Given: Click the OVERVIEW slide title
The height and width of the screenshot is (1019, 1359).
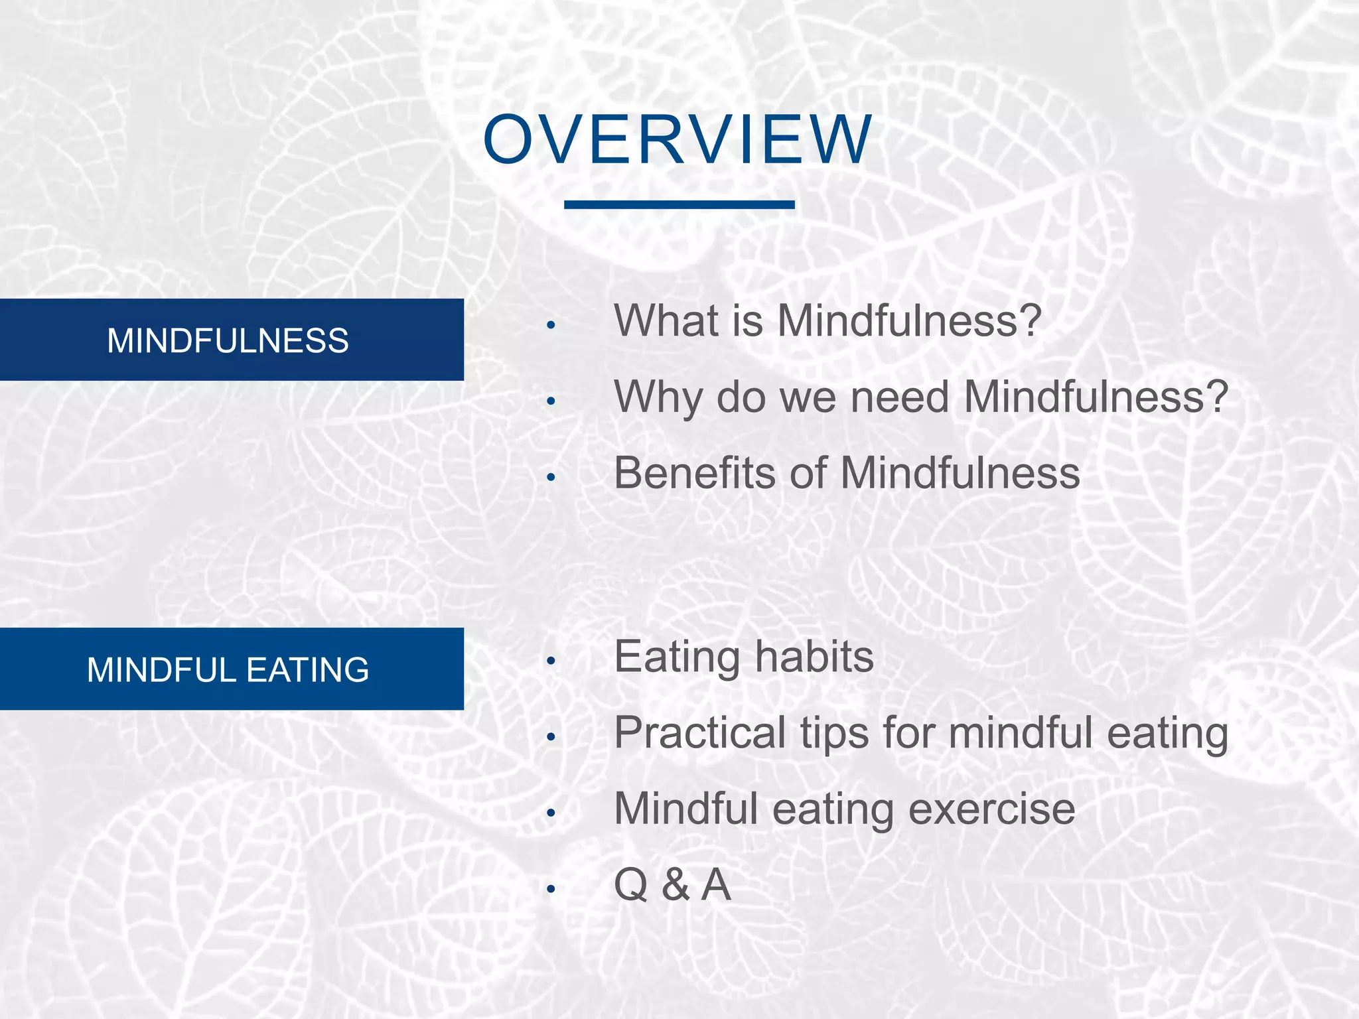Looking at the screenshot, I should [678, 140].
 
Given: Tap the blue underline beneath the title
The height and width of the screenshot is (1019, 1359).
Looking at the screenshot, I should [679, 205].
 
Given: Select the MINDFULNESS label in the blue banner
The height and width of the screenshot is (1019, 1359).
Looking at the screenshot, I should [228, 340].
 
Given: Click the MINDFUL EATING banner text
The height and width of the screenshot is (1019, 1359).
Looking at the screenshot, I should [228, 669].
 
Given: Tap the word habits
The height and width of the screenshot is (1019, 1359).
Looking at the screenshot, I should [814, 657].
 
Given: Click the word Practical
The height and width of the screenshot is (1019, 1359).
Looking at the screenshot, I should [699, 733].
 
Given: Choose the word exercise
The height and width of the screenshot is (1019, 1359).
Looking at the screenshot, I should [991, 809].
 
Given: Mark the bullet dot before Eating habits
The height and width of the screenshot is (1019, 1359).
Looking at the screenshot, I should [550, 661].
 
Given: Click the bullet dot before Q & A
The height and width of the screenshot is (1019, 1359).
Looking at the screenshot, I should [550, 889].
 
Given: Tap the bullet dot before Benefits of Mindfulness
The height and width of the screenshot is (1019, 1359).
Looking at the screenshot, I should [550, 477].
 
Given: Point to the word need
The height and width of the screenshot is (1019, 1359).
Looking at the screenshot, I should [899, 397].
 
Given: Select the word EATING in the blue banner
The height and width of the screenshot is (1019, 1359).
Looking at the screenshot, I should [308, 669].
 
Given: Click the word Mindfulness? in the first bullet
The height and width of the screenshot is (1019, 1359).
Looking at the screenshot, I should [909, 320].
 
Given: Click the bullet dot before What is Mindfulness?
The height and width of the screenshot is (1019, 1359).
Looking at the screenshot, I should [550, 325].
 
